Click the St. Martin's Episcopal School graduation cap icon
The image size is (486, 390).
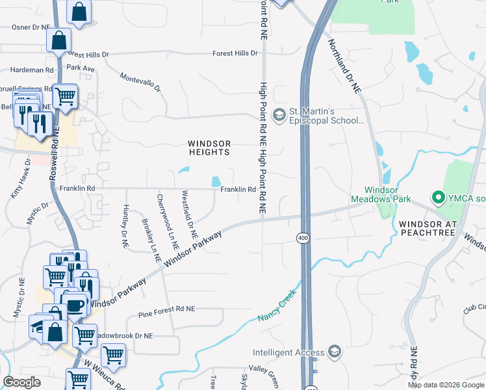tap(279, 115)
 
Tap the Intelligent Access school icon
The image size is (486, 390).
tap(334, 353)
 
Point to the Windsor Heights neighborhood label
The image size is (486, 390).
tap(209, 148)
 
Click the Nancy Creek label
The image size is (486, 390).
tap(277, 305)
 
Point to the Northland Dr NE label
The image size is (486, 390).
tap(344, 67)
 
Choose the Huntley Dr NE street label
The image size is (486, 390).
tap(125, 227)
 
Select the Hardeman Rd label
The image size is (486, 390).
tap(31, 70)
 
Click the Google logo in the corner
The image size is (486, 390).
tap(21, 382)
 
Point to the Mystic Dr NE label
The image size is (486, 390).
tap(18, 318)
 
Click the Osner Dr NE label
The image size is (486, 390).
tap(31, 27)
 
